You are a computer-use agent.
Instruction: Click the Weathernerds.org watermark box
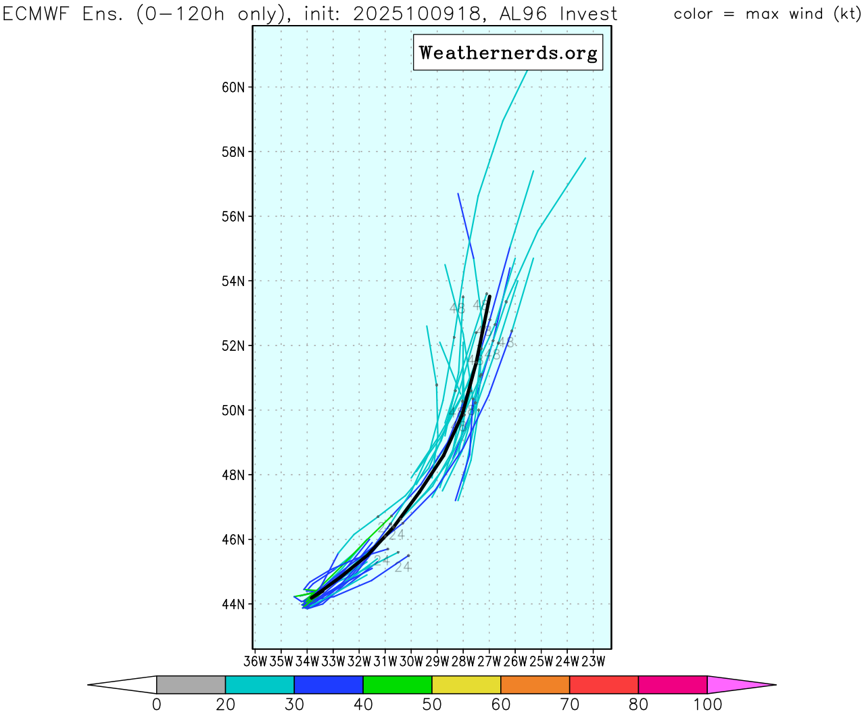click(508, 53)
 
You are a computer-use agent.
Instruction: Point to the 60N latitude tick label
click(233, 87)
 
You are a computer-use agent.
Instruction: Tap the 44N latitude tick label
click(233, 604)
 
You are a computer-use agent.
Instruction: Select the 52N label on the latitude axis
click(233, 346)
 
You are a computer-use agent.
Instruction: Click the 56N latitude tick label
click(233, 216)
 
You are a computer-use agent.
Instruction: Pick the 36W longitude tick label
click(255, 661)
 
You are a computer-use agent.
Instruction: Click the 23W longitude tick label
click(593, 661)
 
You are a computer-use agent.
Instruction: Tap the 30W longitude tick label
click(411, 661)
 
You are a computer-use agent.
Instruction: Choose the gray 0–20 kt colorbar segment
click(191, 684)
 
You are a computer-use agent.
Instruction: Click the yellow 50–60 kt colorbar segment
click(466, 684)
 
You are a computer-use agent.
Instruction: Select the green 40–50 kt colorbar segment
click(397, 684)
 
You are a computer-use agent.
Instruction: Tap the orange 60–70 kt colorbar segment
click(535, 684)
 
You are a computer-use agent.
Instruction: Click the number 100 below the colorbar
click(707, 705)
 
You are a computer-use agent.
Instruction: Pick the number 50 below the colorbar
click(431, 705)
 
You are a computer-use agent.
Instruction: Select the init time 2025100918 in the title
click(419, 14)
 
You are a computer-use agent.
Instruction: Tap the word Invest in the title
click(589, 14)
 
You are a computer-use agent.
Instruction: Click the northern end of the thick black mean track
click(489, 295)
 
